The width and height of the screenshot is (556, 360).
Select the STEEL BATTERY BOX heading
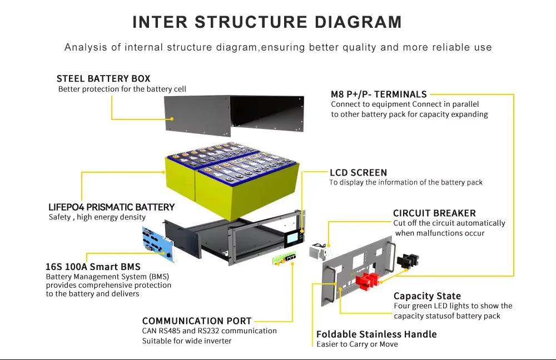[103, 78]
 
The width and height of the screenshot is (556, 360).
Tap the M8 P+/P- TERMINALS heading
[379, 94]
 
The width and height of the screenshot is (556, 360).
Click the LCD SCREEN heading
[358, 172]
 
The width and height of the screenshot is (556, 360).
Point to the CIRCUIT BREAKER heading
[434, 213]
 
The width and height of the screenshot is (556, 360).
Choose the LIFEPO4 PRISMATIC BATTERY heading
[111, 207]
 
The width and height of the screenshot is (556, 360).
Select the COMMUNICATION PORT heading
[197, 321]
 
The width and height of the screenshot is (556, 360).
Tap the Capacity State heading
[427, 296]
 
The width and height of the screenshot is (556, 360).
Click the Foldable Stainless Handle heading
[376, 334]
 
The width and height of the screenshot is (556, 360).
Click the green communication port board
[284, 258]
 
